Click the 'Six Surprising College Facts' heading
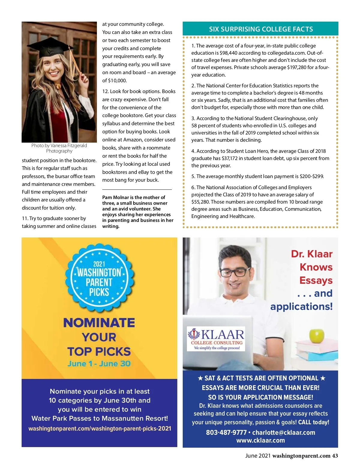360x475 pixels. [261, 29]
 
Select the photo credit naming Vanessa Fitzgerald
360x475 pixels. [59, 148]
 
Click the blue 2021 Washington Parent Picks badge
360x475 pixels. [99, 278]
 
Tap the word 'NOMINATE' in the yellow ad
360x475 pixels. [99, 323]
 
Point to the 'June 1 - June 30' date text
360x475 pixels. [99, 364]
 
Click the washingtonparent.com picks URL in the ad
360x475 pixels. [100, 428]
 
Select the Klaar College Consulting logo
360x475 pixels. [216, 339]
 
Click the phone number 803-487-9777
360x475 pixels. [226, 432]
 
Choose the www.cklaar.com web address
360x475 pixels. [260, 440]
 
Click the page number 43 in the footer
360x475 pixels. [335, 456]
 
